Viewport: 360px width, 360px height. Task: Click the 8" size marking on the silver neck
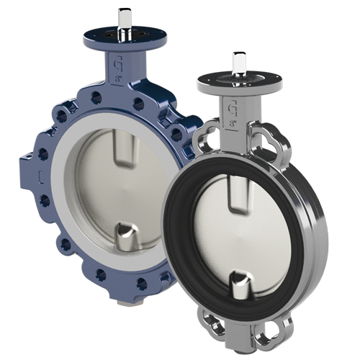234,122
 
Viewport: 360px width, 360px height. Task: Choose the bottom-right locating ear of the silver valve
277,332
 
